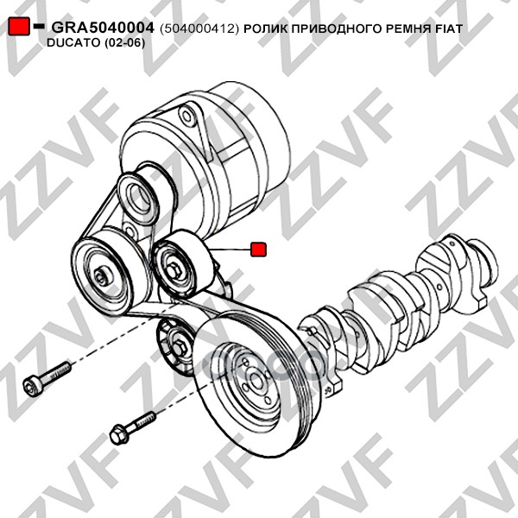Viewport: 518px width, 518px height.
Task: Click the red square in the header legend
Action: tap(19, 25)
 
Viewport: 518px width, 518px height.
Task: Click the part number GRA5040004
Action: tap(103, 28)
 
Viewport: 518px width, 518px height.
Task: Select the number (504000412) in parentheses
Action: tap(199, 29)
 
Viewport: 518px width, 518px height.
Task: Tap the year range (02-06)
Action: tap(124, 43)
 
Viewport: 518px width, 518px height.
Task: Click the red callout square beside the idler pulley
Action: tap(258, 250)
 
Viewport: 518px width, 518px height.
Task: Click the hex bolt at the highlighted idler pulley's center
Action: tap(174, 273)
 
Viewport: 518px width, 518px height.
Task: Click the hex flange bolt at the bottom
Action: tap(133, 426)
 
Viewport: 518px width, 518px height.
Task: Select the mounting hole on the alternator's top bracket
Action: tap(186, 117)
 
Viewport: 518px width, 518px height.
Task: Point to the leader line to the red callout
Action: tap(228, 250)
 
